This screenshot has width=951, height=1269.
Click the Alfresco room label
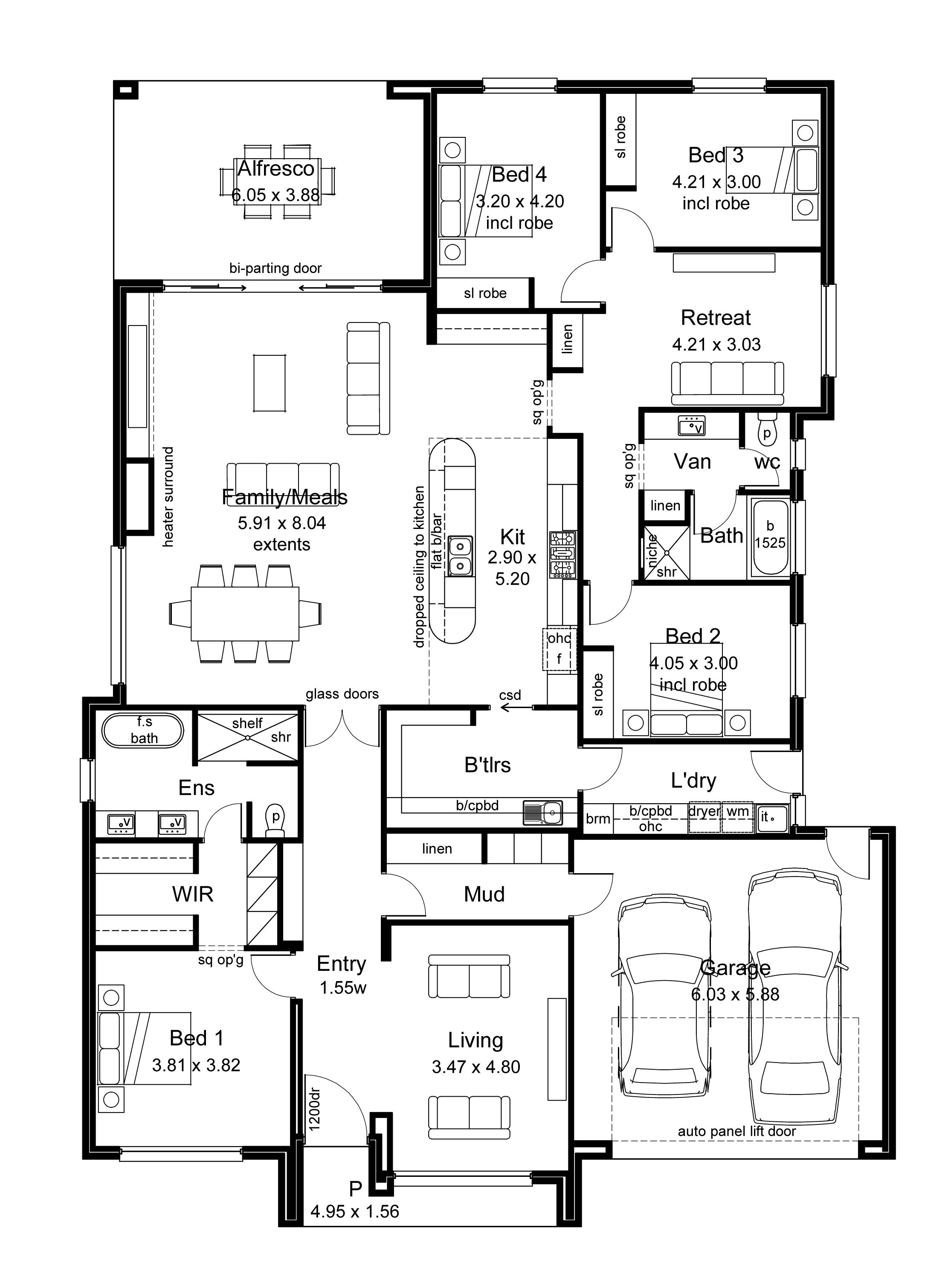(276, 168)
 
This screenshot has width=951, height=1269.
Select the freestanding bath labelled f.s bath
(143, 731)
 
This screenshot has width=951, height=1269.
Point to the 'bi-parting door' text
(275, 268)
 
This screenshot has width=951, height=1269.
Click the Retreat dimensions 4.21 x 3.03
(716, 344)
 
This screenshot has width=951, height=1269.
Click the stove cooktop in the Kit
(562, 554)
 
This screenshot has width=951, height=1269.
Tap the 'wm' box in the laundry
(737, 817)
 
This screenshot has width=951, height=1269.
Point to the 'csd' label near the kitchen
(510, 695)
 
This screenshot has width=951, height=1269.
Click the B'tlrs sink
(542, 812)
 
